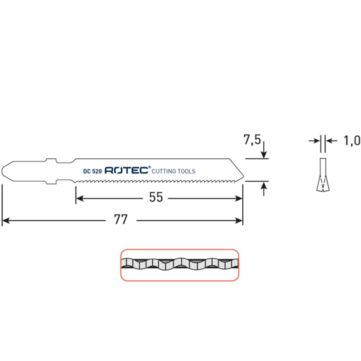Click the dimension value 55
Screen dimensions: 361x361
tap(156, 197)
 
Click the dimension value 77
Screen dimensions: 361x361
tap(121, 219)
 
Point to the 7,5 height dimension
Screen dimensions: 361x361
tap(252, 140)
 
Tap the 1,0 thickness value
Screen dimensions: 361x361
tap(352, 140)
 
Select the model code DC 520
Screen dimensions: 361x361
tap(93, 171)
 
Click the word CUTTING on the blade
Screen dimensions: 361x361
tap(163, 171)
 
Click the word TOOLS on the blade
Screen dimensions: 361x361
tap(186, 171)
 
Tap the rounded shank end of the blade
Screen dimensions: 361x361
tap(3, 171)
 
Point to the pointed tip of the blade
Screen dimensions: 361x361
tap(243, 176)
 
